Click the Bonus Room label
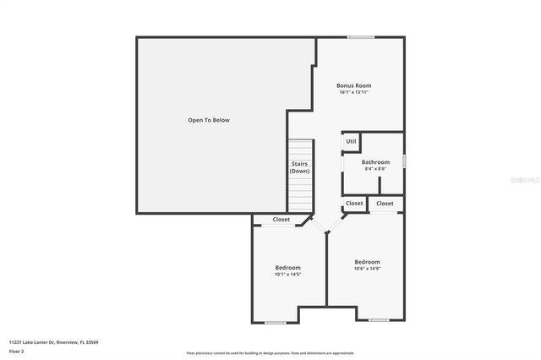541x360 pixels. [353, 85]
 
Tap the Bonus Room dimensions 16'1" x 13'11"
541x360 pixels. [353, 92]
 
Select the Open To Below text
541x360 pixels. [209, 120]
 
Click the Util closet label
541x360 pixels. [351, 141]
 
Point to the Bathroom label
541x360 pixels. [375, 161]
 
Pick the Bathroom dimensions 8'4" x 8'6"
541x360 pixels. [374, 169]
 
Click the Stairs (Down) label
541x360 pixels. [299, 167]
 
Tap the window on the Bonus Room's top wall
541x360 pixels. [361, 36]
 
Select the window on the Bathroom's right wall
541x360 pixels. [404, 161]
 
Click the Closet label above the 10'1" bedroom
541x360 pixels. [281, 220]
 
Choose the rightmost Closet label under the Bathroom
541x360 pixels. [385, 203]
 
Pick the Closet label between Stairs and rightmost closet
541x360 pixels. [354, 203]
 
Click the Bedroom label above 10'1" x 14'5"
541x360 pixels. [287, 267]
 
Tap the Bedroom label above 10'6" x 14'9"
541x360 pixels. [367, 262]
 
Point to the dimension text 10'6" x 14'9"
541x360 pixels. [367, 270]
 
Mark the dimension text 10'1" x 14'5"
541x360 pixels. [287, 275]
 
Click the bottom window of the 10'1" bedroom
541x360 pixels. [275, 323]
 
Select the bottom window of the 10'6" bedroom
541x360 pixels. [378, 320]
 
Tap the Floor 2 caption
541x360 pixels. [17, 351]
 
